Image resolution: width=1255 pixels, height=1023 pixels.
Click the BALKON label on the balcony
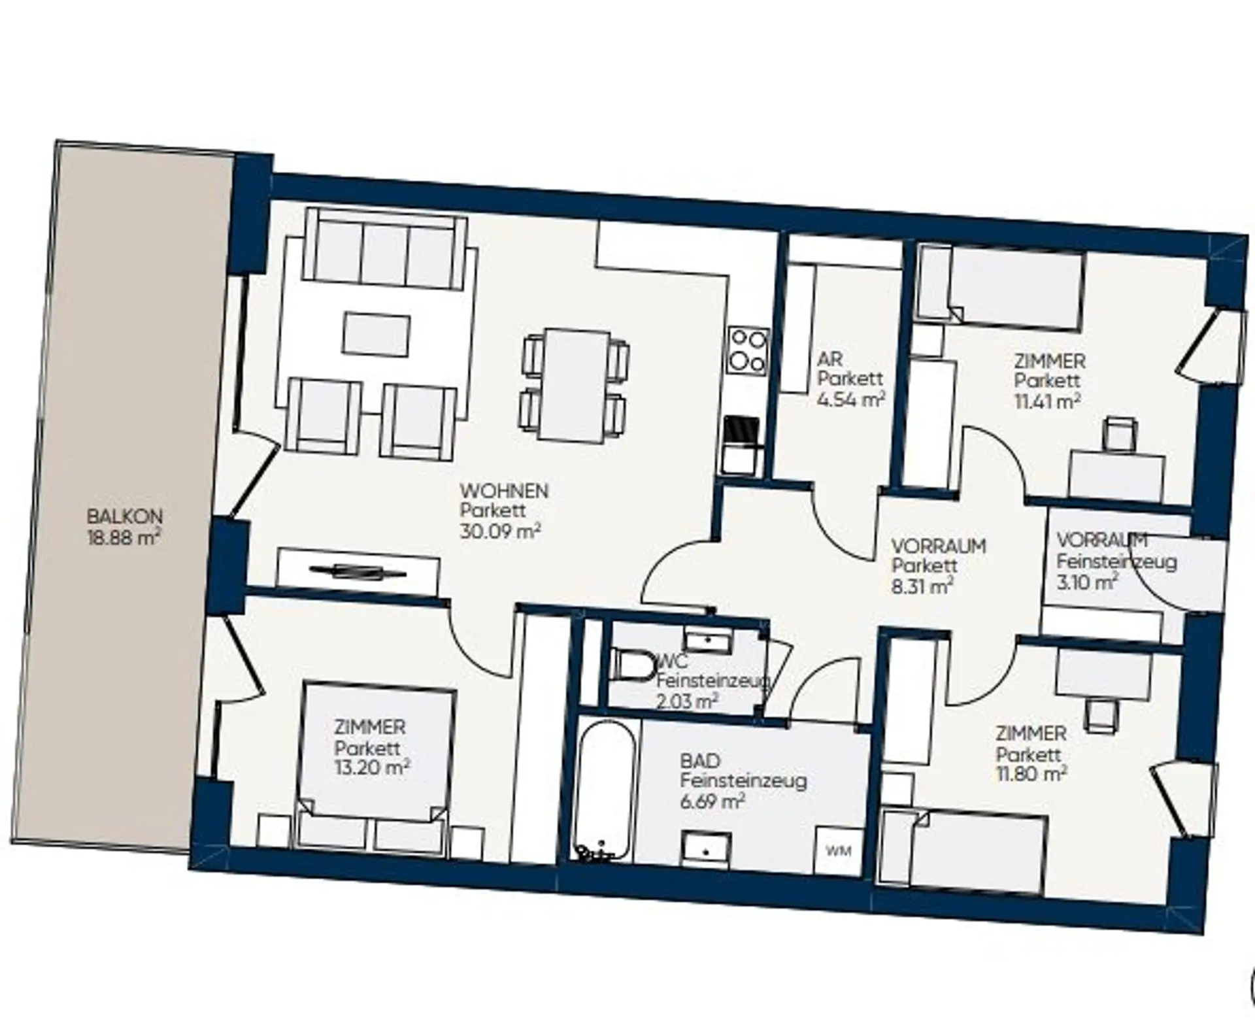pos(124,516)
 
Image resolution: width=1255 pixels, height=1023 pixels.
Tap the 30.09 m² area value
pos(500,531)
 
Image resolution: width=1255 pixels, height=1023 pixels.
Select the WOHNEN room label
pos(503,490)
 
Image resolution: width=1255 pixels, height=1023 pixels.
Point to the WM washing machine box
pos(838,852)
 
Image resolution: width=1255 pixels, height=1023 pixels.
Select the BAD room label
pos(700,761)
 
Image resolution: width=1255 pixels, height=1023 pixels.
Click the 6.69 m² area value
pos(712,801)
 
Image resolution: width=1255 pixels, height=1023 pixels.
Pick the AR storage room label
pos(830,359)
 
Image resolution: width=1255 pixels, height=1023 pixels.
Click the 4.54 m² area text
pos(851,399)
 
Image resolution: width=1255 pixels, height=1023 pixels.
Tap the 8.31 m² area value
pos(922,586)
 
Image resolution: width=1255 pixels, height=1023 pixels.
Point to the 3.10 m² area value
pos(1086,582)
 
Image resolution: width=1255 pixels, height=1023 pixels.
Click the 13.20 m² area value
pos(372,767)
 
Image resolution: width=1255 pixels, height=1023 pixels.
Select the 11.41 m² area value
pos(1046,400)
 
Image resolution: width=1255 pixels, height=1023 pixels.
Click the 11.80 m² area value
pos(1031,774)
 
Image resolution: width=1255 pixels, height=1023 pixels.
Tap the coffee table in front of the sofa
pos(376,334)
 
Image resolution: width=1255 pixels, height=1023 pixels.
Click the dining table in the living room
pos(575,386)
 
